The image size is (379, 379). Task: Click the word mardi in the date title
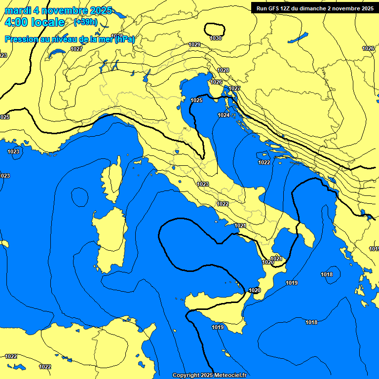tap(16, 10)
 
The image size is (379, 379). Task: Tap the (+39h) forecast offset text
tap(85, 22)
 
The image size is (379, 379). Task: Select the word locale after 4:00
tap(47, 22)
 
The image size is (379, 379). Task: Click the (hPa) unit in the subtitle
tap(124, 39)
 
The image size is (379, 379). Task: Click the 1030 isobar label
tap(216, 38)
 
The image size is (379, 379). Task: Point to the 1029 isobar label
tap(194, 44)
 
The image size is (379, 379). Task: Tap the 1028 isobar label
tap(223, 70)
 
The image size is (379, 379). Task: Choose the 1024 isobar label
tap(224, 115)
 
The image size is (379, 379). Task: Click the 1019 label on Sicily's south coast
tap(218, 327)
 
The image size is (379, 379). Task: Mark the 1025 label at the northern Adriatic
tap(196, 100)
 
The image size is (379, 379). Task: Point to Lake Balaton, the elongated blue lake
tap(298, 38)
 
